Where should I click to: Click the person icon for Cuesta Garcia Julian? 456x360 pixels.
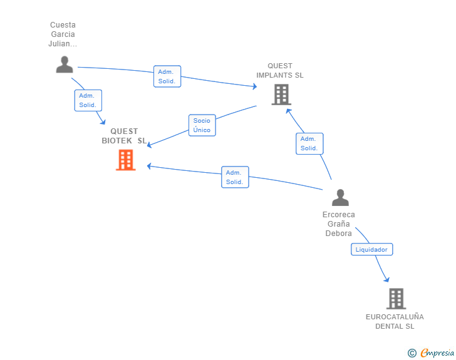click(x=65, y=64)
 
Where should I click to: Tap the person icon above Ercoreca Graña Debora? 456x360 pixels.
click(x=340, y=197)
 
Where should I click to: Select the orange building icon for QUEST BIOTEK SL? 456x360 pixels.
click(x=126, y=160)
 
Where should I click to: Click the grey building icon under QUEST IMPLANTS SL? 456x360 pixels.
click(x=281, y=94)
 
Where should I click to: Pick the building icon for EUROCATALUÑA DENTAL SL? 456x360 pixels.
click(x=396, y=299)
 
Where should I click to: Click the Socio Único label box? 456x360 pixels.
click(x=202, y=125)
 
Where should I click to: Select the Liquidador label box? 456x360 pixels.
click(x=371, y=249)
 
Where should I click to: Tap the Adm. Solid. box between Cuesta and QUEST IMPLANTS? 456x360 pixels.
click(x=167, y=76)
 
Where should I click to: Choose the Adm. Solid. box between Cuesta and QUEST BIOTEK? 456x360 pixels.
click(x=88, y=100)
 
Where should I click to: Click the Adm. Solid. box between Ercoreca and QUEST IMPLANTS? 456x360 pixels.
click(x=309, y=143)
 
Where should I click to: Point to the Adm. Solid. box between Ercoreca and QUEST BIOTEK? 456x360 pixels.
click(x=235, y=177)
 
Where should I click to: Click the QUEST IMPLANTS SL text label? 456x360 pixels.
click(x=280, y=70)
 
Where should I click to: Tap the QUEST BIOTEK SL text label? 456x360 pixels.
click(x=124, y=136)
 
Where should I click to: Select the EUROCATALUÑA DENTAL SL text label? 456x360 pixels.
click(x=395, y=321)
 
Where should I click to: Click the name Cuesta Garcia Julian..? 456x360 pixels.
click(x=63, y=34)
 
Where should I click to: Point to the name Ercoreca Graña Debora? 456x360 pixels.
click(x=338, y=224)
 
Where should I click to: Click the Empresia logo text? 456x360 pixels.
click(x=437, y=352)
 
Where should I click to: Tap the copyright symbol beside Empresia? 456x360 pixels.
click(x=412, y=353)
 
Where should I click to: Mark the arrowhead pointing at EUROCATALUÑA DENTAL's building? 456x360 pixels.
click(x=387, y=279)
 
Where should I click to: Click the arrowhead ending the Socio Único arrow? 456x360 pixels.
click(x=149, y=144)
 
